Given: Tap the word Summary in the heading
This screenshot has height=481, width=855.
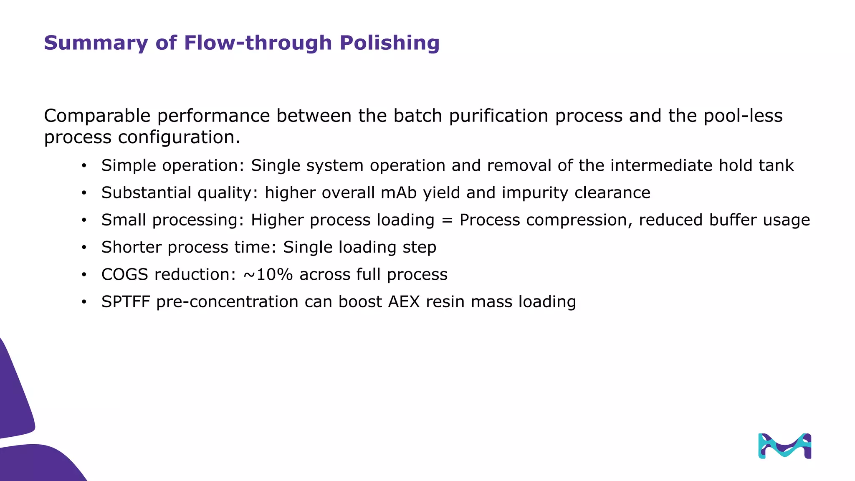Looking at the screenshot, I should tap(96, 43).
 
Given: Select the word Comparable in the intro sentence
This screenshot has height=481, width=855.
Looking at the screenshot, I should tap(97, 116).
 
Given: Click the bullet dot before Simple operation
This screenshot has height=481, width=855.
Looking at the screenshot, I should tap(84, 166).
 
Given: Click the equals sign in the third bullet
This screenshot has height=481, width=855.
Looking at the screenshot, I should tap(447, 220).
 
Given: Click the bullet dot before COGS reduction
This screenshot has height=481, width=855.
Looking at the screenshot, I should tap(84, 275).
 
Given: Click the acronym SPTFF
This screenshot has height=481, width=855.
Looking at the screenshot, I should tap(126, 301).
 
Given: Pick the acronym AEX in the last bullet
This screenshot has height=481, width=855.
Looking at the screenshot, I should tap(404, 301).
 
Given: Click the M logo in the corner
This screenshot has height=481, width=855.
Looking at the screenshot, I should tap(784, 446).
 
